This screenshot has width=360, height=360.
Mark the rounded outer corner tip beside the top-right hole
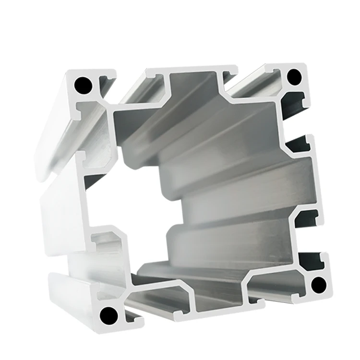(307, 67)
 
